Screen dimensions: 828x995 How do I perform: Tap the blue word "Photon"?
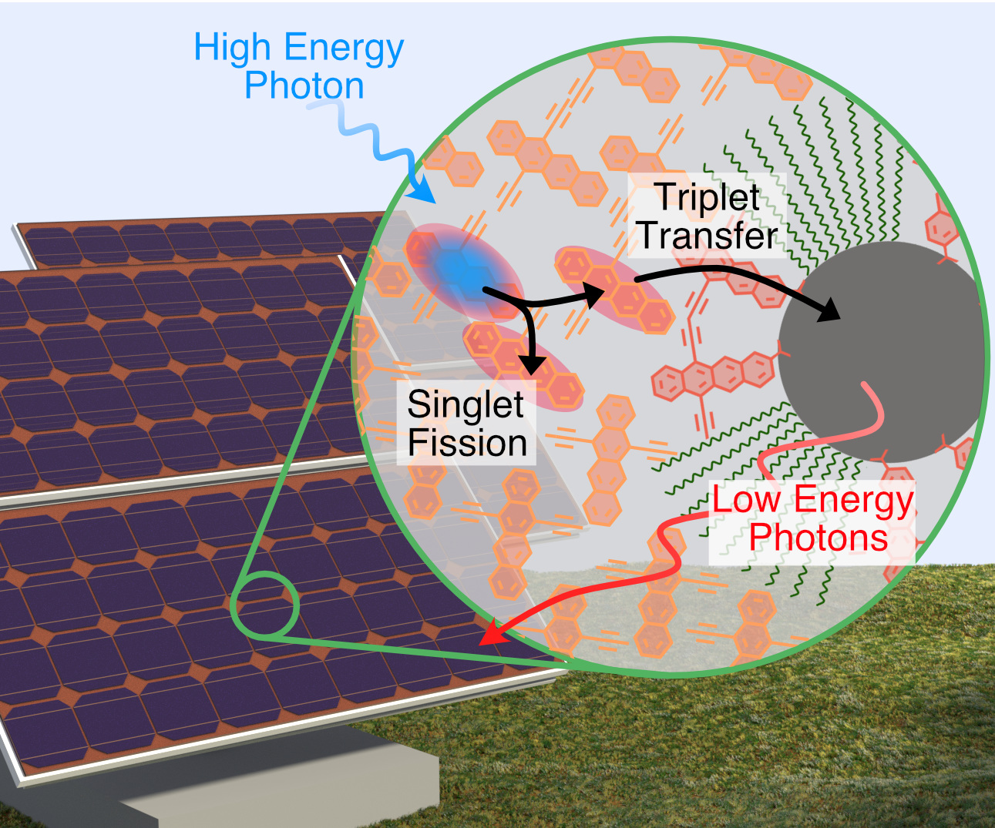point(304,85)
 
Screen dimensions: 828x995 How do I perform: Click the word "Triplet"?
point(707,197)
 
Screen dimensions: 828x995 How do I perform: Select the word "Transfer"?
point(708,236)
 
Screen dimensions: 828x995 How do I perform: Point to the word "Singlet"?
point(466,404)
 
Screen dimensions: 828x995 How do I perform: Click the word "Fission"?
point(467,443)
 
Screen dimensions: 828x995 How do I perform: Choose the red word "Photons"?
point(819,538)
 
